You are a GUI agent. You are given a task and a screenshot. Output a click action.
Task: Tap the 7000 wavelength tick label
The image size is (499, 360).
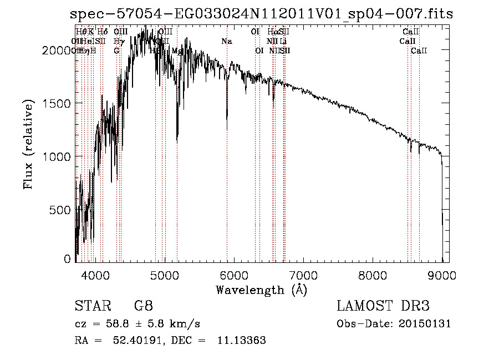point(303,275)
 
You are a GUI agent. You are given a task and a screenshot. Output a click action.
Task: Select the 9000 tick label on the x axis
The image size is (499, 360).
point(442,275)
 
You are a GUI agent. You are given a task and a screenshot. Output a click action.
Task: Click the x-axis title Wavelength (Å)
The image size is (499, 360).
point(261,290)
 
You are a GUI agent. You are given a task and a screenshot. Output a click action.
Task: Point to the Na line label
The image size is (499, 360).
point(226,42)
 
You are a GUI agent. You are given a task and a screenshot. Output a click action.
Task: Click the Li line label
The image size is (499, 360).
point(283,42)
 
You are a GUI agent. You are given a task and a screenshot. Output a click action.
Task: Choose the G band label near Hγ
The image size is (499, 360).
point(116,51)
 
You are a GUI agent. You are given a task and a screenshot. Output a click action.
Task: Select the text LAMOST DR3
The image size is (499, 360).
point(383,306)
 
